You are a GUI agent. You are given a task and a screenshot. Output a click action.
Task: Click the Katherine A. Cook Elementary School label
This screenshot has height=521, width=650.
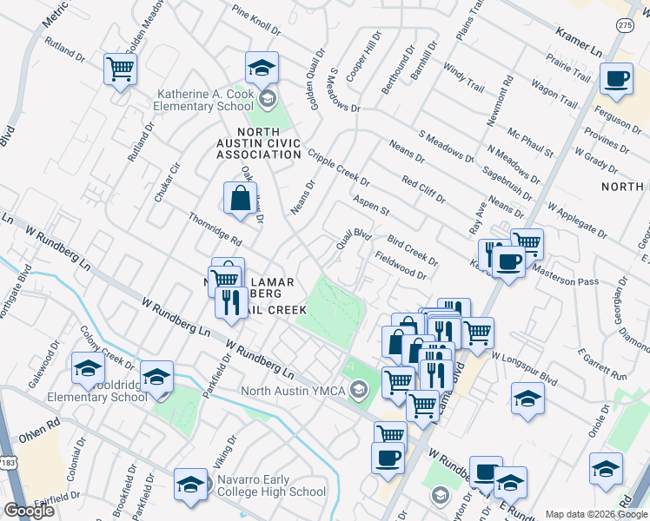tap(208, 101)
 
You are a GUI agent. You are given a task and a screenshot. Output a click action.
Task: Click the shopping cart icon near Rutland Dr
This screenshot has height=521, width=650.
tap(120, 69)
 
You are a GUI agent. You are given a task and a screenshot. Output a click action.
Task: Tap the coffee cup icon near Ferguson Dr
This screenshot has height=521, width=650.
tap(617, 79)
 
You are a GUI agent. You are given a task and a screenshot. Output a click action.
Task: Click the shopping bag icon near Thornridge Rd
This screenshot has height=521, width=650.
tap(239, 198)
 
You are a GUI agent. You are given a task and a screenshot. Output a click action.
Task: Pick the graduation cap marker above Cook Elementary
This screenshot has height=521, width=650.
tap(262, 68)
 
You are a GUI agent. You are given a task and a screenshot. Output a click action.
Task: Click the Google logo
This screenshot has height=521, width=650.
tap(29, 511)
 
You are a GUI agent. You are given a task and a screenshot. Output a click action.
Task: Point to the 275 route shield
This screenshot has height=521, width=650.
tap(624, 26)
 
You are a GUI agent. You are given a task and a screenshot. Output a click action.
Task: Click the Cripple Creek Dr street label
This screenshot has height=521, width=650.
tap(338, 167)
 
